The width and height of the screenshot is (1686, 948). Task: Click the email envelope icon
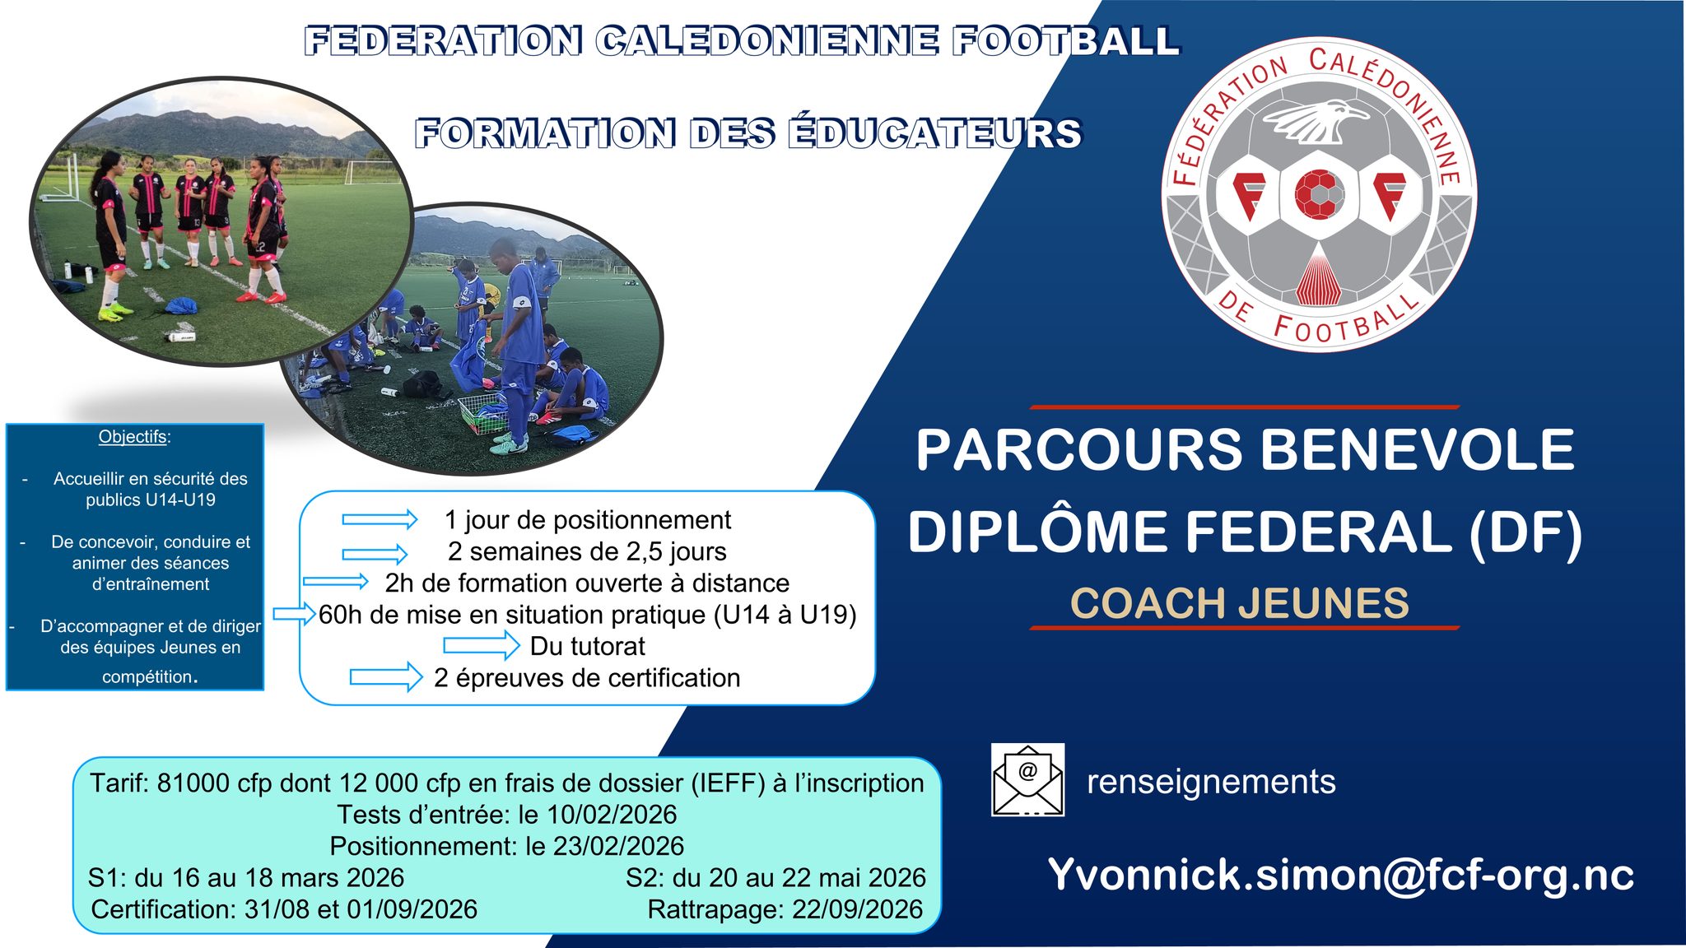1027,779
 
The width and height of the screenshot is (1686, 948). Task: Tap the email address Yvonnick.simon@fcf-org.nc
1340,875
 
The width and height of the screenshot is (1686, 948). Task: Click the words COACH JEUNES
1239,603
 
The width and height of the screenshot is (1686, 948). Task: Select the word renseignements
1210,782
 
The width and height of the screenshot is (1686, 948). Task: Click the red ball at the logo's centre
1319,194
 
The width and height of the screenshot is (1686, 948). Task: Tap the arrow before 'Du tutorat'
481,646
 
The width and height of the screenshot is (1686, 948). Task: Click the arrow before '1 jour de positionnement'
380,519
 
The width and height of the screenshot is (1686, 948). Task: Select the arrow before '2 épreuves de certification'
385,677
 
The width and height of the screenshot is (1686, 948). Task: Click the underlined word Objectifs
133,437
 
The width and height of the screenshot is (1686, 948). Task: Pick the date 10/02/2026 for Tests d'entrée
612,815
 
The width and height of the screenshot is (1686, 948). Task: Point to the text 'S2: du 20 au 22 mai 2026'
775,878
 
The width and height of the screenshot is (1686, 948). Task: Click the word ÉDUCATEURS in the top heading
934,133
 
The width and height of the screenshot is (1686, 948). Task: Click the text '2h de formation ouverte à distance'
587,583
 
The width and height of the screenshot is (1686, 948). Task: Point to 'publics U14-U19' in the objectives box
151,500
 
